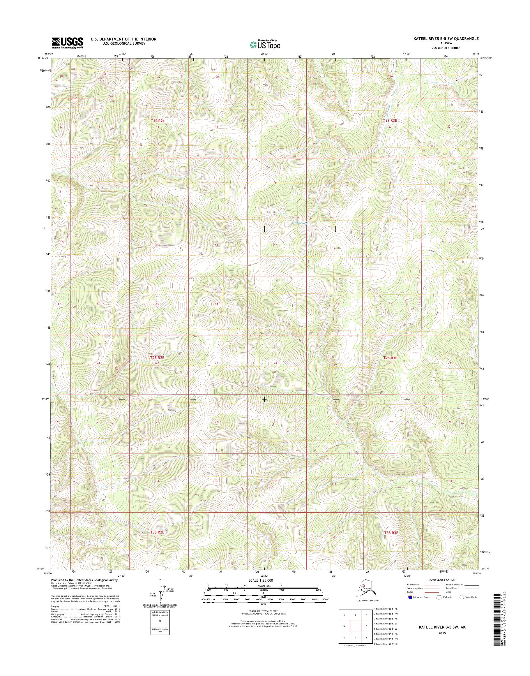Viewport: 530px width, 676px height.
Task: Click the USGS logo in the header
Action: (x=67, y=43)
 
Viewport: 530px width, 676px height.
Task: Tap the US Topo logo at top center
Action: (x=265, y=45)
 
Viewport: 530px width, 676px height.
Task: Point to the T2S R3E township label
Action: (x=390, y=358)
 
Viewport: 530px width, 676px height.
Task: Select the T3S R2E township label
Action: (x=157, y=532)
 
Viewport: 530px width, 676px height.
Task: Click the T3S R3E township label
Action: (x=391, y=533)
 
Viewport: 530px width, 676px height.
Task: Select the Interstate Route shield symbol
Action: (x=411, y=597)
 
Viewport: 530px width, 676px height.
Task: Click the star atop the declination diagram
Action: (x=160, y=580)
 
